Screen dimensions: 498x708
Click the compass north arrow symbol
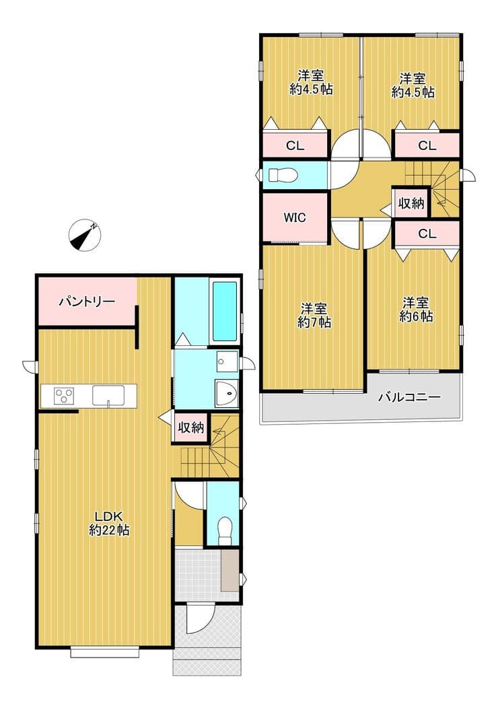[84, 236]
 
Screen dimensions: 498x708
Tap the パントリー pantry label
[87, 302]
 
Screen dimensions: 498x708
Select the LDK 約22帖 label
[109, 523]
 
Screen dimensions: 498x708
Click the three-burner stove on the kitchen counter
[64, 396]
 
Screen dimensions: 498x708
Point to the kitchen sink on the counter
[108, 396]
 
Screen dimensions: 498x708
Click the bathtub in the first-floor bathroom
[224, 312]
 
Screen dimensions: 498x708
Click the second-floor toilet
[282, 175]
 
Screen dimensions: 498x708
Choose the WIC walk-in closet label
[295, 217]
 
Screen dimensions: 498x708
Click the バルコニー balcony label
[409, 397]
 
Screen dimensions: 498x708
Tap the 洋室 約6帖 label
[416, 309]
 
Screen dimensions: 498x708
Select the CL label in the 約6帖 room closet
[427, 234]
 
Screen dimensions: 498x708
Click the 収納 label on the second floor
[411, 204]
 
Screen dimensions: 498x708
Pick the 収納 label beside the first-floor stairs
[191, 427]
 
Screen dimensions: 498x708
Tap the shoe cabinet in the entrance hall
[230, 571]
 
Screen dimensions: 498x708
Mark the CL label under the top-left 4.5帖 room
[295, 146]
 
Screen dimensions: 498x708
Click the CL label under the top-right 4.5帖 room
[427, 146]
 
